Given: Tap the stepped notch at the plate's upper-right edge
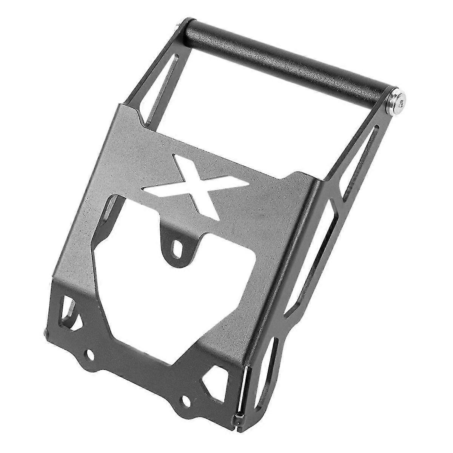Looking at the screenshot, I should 298,177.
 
